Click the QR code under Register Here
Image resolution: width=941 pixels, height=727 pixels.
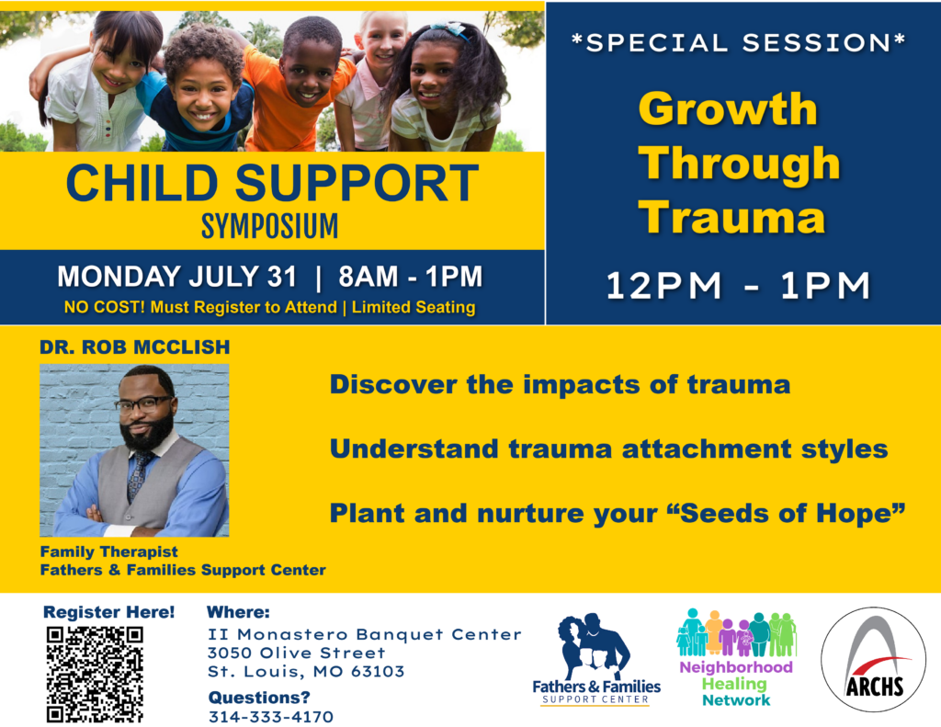[95, 675]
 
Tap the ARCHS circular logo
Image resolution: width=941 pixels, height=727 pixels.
[873, 659]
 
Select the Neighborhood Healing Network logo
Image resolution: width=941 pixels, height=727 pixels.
[736, 658]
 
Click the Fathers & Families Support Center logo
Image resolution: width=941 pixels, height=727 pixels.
[595, 659]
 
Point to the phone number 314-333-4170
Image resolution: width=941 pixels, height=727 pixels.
[271, 717]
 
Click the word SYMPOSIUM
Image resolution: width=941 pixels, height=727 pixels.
[269, 226]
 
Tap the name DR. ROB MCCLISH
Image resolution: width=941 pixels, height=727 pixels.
[135, 347]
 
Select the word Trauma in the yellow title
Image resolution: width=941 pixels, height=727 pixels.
[731, 217]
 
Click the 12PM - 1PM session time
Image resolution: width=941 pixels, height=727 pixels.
[738, 285]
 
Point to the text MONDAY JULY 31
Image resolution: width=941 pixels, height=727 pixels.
[177, 277]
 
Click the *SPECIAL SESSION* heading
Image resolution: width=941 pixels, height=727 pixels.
[738, 42]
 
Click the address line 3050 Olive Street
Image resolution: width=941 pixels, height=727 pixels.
[297, 653]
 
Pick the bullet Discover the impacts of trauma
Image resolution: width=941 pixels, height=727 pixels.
[560, 385]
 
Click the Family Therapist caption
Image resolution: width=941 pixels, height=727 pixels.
[108, 551]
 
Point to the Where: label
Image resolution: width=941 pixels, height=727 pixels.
[238, 612]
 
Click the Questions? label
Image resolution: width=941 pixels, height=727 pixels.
[259, 698]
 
